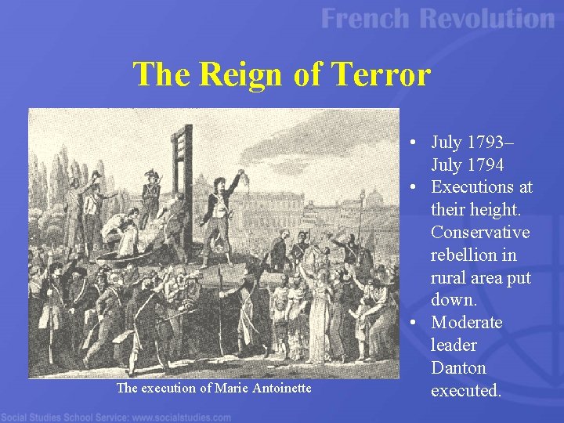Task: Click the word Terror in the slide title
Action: pyautogui.click(x=382, y=75)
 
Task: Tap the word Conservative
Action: pyautogui.click(x=480, y=233)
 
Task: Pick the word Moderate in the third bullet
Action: pyautogui.click(x=467, y=323)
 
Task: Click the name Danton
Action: pyautogui.click(x=458, y=368)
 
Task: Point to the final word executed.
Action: pyautogui.click(x=466, y=390)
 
